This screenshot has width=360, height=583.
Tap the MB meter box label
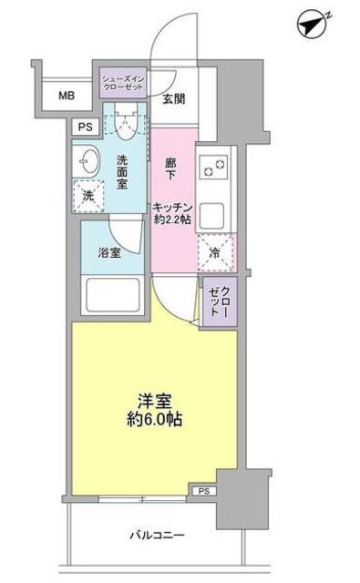(x=67, y=94)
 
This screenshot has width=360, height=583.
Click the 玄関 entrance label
(x=174, y=98)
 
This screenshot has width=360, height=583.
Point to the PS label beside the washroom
(x=84, y=128)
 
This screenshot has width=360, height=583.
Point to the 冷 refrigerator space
(x=217, y=252)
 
